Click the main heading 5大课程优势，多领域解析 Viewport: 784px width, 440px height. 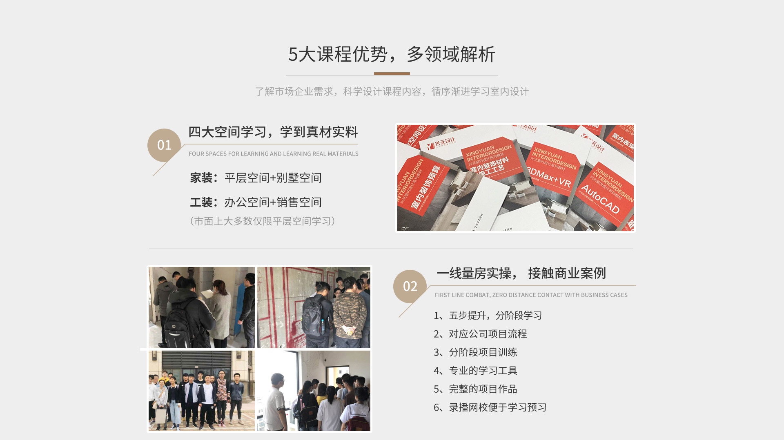click(392, 54)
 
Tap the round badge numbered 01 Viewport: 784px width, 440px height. click(164, 145)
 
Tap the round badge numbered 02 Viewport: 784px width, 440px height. click(410, 286)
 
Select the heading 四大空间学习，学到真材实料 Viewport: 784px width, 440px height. click(273, 132)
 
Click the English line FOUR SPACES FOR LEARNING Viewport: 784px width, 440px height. click(274, 154)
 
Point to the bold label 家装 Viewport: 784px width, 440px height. click(201, 178)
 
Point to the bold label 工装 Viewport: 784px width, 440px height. click(201, 202)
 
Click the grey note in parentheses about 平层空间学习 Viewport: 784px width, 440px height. click(263, 221)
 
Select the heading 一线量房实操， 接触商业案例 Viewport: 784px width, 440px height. click(521, 273)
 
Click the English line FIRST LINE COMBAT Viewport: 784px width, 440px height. click(531, 295)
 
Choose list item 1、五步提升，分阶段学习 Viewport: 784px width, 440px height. click(488, 316)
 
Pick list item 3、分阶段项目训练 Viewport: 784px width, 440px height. click(475, 352)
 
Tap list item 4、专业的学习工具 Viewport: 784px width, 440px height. click(475, 371)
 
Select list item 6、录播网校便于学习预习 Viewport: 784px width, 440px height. click(490, 407)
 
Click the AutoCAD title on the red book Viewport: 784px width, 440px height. click(600, 199)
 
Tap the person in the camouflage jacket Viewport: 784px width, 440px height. click(349, 312)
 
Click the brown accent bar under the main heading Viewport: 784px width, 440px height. click(392, 74)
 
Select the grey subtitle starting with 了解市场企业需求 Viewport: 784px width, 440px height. click(392, 91)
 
